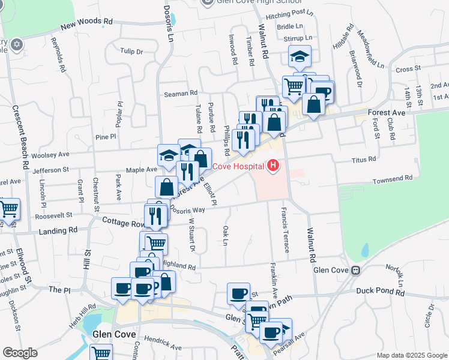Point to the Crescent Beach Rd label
[17, 137]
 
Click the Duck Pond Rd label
[381, 291]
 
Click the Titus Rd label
[364, 160]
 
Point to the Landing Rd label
[58, 230]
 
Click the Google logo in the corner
[19, 353]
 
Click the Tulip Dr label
[131, 52]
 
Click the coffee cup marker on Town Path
[238, 293]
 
